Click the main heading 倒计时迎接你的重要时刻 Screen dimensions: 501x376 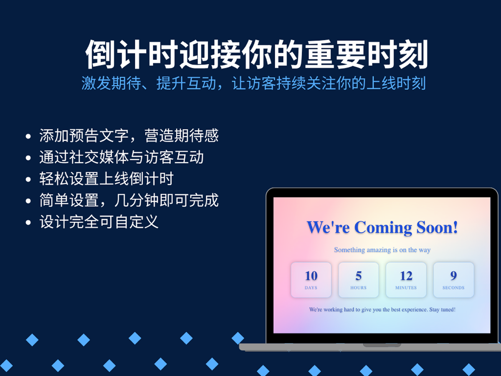(256, 55)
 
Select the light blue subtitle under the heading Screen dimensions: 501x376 (253, 83)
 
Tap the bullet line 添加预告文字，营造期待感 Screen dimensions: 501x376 (129, 136)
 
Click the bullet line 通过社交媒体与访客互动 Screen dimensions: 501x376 (121, 157)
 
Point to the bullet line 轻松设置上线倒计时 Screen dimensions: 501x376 (106, 178)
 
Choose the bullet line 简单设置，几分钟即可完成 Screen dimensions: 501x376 (129, 200)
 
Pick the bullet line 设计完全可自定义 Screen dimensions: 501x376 (99, 222)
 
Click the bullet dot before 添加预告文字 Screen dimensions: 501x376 (28, 137)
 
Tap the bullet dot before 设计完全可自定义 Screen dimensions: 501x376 (28, 223)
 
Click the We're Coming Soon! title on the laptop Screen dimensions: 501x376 (382, 227)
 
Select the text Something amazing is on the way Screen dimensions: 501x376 (382, 250)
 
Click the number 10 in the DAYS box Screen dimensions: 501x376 (311, 276)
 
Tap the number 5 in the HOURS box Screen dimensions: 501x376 (359, 276)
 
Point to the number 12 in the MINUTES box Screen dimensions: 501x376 (406, 276)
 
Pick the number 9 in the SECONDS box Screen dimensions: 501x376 (453, 276)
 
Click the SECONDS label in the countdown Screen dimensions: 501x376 (453, 288)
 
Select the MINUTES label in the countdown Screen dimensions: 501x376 (406, 288)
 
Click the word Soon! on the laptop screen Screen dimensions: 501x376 (437, 227)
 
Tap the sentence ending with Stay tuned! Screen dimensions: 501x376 (382, 310)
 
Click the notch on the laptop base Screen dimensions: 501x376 (382, 345)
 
